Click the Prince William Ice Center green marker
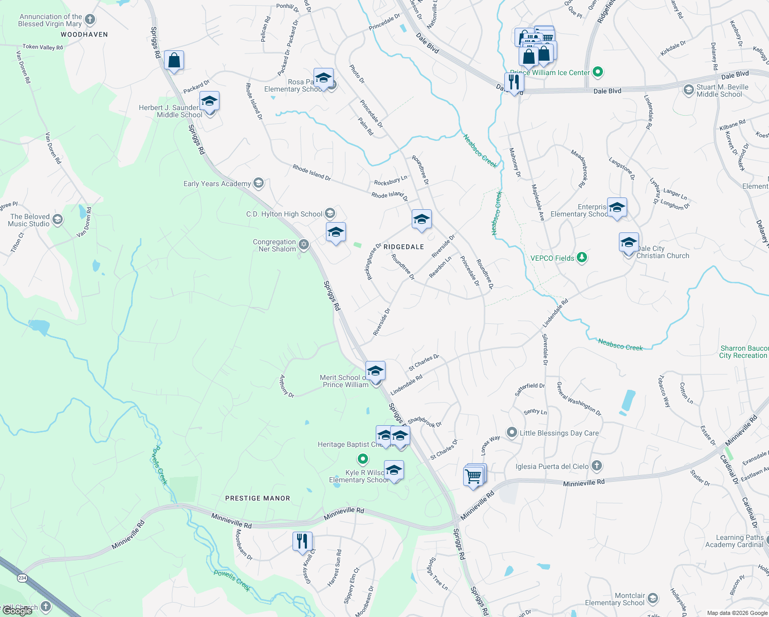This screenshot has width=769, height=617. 597,72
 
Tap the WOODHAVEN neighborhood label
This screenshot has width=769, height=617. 84,34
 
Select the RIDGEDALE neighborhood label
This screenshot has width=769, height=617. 404,247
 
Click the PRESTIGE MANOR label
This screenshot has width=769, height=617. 258,498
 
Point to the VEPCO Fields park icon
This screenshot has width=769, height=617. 581,258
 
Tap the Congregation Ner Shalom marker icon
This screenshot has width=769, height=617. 304,245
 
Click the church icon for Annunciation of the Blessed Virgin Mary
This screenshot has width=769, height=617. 90,20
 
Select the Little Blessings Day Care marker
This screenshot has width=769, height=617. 511,432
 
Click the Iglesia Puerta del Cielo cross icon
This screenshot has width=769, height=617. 596,466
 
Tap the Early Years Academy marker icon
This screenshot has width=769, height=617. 259,183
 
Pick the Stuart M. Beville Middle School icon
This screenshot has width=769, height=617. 688,90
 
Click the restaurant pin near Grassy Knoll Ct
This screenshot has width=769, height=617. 302,541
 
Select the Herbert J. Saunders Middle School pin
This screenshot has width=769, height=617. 209,101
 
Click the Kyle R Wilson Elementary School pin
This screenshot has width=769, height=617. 394,470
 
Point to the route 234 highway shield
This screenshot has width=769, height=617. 22,578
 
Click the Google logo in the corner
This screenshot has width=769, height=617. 17,611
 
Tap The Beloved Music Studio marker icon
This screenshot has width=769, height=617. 58,220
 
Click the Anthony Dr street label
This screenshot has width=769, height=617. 286,386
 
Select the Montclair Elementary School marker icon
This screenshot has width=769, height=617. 652,598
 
